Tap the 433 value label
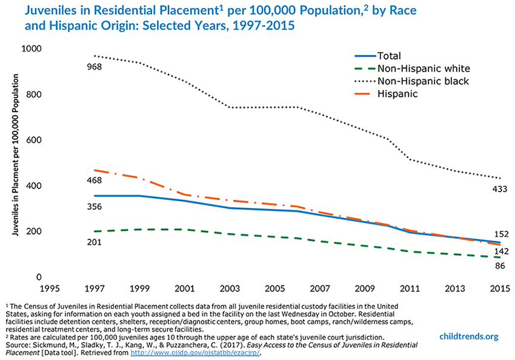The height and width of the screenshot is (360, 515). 499,189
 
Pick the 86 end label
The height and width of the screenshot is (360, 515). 499,265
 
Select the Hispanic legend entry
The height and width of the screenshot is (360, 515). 397,94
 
